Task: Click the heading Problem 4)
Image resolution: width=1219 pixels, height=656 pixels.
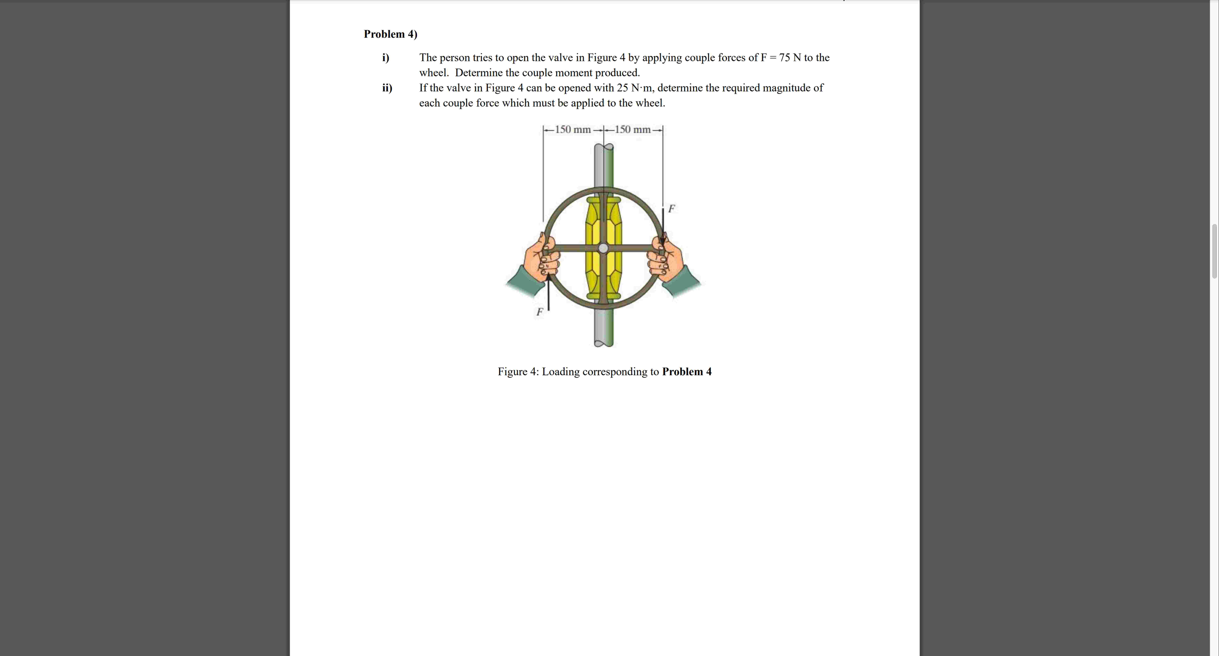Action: click(x=390, y=34)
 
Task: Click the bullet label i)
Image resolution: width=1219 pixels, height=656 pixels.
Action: click(x=386, y=58)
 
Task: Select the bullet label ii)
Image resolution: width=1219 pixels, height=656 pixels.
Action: click(x=387, y=88)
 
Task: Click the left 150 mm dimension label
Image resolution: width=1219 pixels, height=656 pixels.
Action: click(x=573, y=129)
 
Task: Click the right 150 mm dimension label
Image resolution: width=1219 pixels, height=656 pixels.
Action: click(x=633, y=129)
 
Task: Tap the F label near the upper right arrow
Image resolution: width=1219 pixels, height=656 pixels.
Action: click(x=671, y=208)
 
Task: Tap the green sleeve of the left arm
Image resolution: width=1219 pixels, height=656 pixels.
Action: click(x=520, y=282)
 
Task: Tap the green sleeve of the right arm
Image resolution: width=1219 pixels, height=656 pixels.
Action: click(x=685, y=282)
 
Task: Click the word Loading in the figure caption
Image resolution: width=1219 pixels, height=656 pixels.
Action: click(x=561, y=372)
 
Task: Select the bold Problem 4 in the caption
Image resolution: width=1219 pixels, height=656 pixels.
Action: click(x=687, y=372)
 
